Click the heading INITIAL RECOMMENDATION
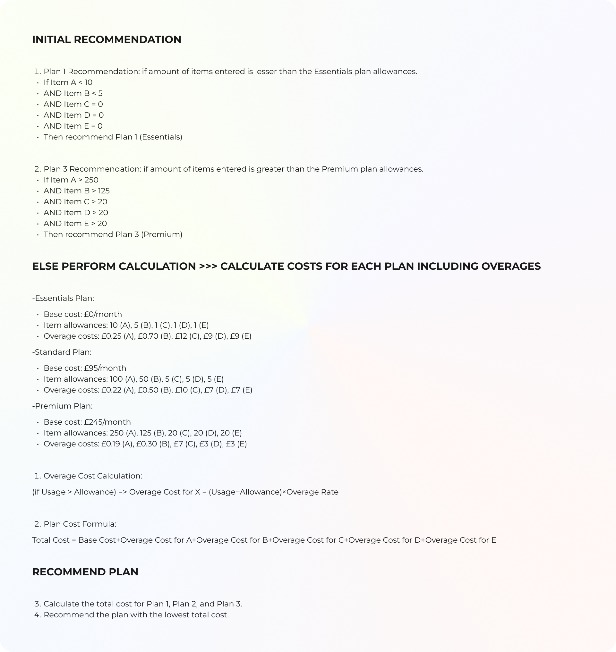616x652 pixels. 107,39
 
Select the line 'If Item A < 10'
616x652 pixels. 68,82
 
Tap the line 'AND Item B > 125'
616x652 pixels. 76,191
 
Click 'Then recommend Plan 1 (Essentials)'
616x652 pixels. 113,137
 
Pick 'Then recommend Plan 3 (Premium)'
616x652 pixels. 113,234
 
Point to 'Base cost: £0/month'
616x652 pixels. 82,314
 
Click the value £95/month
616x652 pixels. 105,368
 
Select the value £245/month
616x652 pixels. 107,422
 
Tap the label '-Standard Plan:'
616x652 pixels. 62,352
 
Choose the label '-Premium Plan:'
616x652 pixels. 62,406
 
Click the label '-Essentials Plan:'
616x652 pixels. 63,298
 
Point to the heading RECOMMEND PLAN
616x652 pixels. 85,572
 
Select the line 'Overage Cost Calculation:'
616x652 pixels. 93,476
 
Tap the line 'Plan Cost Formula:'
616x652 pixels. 80,524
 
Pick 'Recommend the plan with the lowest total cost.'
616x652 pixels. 136,615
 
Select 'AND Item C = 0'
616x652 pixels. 73,105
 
